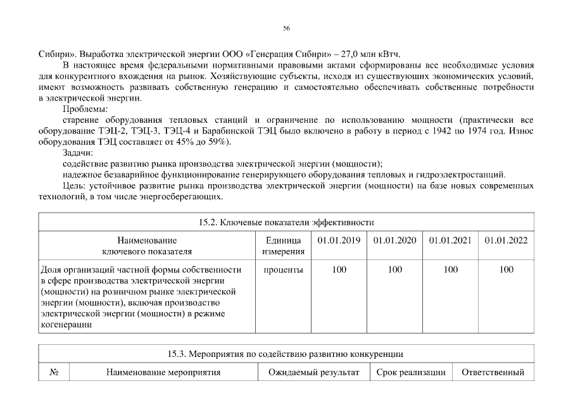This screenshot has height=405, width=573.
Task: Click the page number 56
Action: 286,28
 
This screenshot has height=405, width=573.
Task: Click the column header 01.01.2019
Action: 339,240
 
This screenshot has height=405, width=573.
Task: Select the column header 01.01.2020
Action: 394,240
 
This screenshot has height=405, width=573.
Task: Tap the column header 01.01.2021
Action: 450,240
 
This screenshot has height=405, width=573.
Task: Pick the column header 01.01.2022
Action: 506,240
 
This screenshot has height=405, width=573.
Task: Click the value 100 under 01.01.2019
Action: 339,270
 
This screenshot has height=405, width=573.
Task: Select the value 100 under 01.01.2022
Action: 506,270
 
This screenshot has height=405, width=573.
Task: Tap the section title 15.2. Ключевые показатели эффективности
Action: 286,222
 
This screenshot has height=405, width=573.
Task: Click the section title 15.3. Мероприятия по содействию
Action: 286,354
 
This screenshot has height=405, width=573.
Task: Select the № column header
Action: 54,372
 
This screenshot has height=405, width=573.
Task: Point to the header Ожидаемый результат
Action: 313,372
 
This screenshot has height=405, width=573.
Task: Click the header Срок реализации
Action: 410,372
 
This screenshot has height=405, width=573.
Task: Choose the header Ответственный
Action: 493,372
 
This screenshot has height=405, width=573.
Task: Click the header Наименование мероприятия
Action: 163,372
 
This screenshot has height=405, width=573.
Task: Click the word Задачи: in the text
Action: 78,153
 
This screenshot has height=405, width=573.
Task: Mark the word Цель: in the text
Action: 75,185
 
